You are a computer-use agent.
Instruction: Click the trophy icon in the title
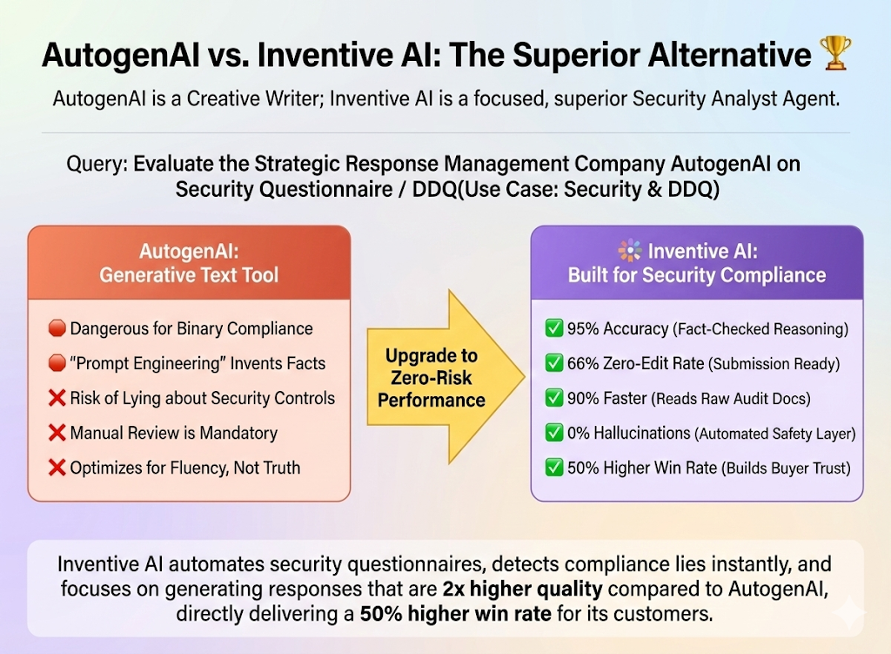835,55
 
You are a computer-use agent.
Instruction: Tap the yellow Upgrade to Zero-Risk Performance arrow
439,378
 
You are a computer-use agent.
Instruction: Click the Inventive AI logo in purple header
630,251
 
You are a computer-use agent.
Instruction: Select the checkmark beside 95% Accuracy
553,329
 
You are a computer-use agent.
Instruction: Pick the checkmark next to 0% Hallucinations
553,433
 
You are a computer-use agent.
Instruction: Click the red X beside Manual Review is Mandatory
57,433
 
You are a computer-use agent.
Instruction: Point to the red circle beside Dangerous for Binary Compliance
57,329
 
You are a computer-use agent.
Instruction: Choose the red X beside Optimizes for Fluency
57,468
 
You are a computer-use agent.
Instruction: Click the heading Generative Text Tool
189,275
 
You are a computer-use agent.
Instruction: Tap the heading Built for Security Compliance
697,275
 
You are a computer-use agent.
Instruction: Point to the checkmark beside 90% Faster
553,399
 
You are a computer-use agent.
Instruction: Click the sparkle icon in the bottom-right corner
849,614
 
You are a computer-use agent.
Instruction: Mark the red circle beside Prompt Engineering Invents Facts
57,364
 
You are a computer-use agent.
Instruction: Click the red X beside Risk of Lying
57,398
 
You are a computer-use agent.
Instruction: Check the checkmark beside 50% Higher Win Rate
553,468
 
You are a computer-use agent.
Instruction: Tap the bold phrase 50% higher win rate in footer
455,614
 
